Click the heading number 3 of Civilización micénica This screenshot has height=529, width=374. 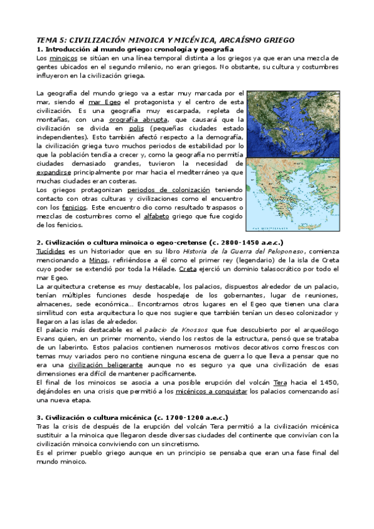pos(39,417)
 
